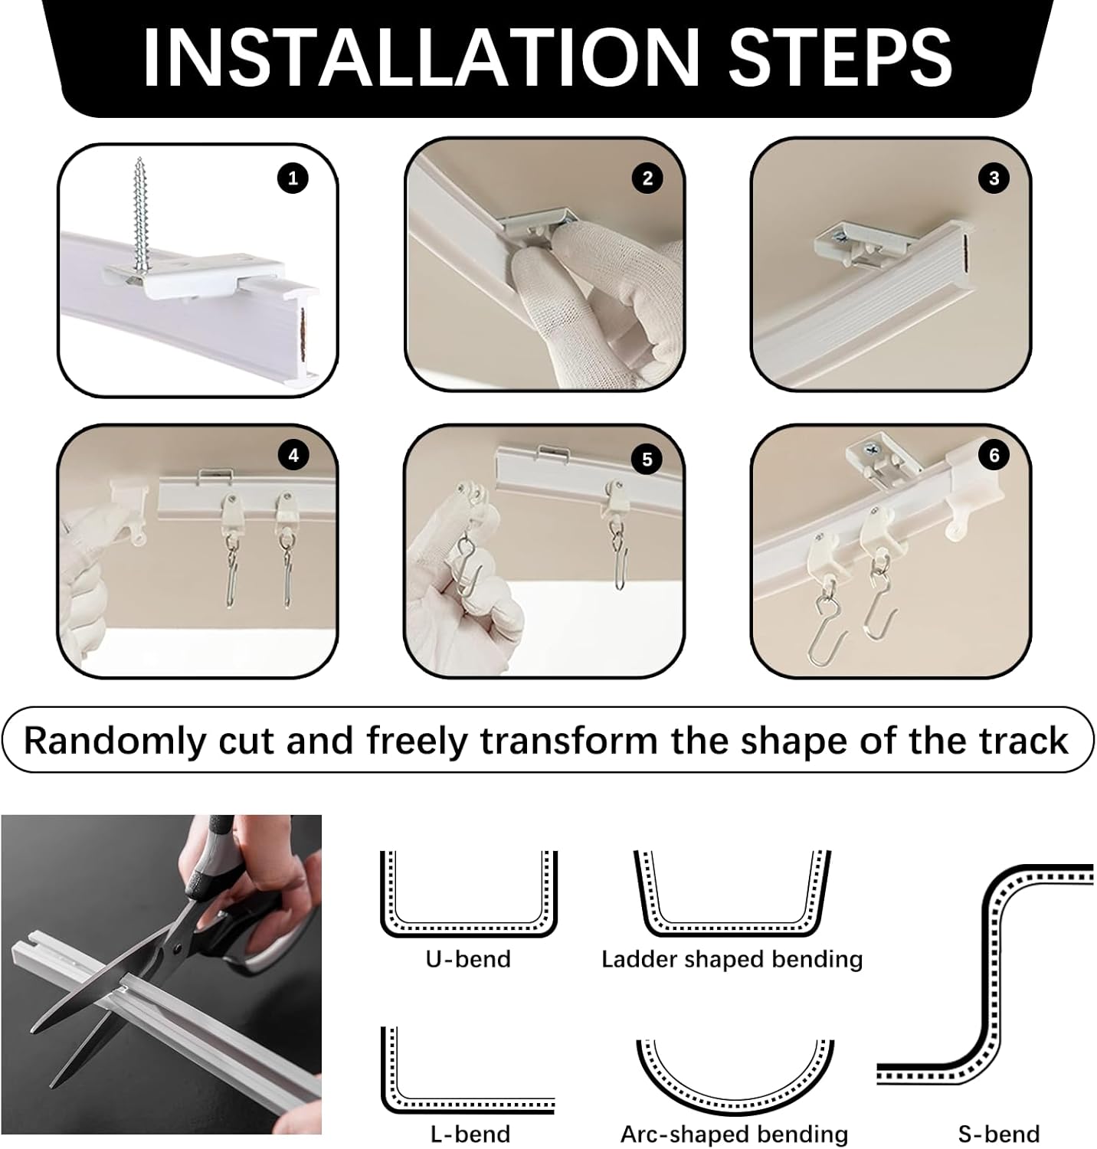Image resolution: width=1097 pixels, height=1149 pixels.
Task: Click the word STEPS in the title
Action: (x=840, y=58)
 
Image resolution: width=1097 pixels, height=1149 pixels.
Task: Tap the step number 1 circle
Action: (x=293, y=179)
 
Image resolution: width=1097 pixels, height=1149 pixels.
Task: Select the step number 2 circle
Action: (x=647, y=178)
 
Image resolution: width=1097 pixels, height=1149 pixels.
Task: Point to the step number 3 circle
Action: (x=994, y=178)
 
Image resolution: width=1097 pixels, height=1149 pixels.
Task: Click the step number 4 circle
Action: (x=293, y=456)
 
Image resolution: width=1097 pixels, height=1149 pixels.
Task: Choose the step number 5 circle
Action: (x=647, y=459)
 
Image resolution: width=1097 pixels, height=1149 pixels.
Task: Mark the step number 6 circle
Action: (x=994, y=456)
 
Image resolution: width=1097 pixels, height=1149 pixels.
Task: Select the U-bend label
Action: (x=468, y=959)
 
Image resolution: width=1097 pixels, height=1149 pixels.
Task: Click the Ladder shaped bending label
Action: (x=732, y=959)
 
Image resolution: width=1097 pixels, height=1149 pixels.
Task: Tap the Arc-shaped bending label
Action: (x=734, y=1134)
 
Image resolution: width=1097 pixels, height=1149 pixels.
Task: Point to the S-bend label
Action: (x=998, y=1134)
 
